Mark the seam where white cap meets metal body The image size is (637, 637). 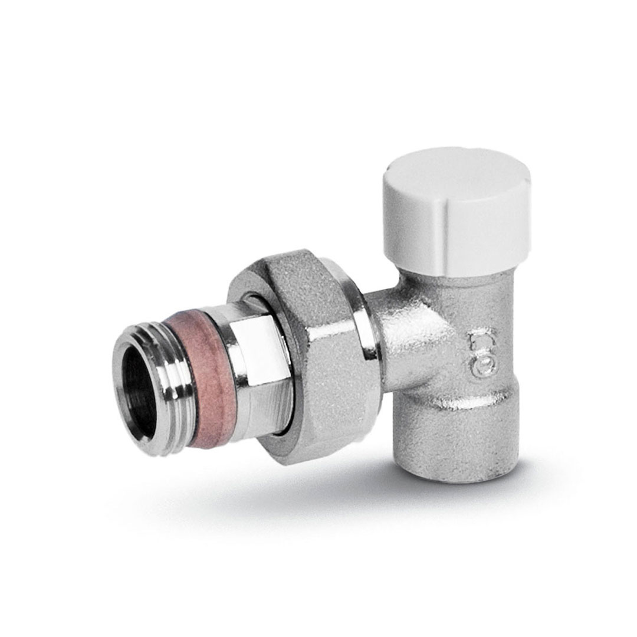[x=454, y=272]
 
